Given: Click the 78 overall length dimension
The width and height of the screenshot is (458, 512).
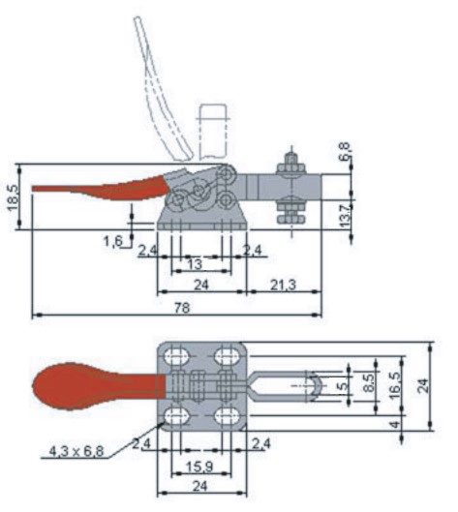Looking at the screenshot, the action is (182, 308).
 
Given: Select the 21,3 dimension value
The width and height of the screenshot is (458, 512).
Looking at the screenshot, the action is (283, 286).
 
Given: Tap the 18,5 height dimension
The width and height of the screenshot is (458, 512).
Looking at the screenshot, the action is (13, 197).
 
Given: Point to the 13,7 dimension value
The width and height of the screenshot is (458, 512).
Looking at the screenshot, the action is (345, 215).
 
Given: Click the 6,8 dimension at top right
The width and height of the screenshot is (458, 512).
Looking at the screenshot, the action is (345, 151).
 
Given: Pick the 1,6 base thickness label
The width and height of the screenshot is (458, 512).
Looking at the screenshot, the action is (113, 242).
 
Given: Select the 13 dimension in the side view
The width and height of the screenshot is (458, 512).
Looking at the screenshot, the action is (195, 264).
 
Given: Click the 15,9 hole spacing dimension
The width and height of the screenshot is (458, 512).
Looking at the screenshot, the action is (199, 467).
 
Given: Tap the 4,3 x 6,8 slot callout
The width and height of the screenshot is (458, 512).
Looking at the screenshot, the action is (76, 451).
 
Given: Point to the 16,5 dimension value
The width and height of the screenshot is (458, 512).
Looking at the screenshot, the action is (394, 385).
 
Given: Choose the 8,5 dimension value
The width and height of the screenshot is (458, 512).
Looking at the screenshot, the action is (369, 382).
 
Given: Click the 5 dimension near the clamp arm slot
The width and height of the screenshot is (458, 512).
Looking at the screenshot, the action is (343, 386).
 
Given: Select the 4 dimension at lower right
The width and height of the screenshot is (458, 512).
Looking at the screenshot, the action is (395, 425).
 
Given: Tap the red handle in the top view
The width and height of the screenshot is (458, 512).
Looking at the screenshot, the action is (98, 386).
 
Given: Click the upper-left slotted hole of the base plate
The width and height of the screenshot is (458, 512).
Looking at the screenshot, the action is (177, 356).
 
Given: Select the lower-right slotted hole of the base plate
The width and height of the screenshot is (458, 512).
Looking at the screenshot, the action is (227, 417).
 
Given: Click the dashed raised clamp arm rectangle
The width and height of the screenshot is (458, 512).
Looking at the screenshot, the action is (213, 131).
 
